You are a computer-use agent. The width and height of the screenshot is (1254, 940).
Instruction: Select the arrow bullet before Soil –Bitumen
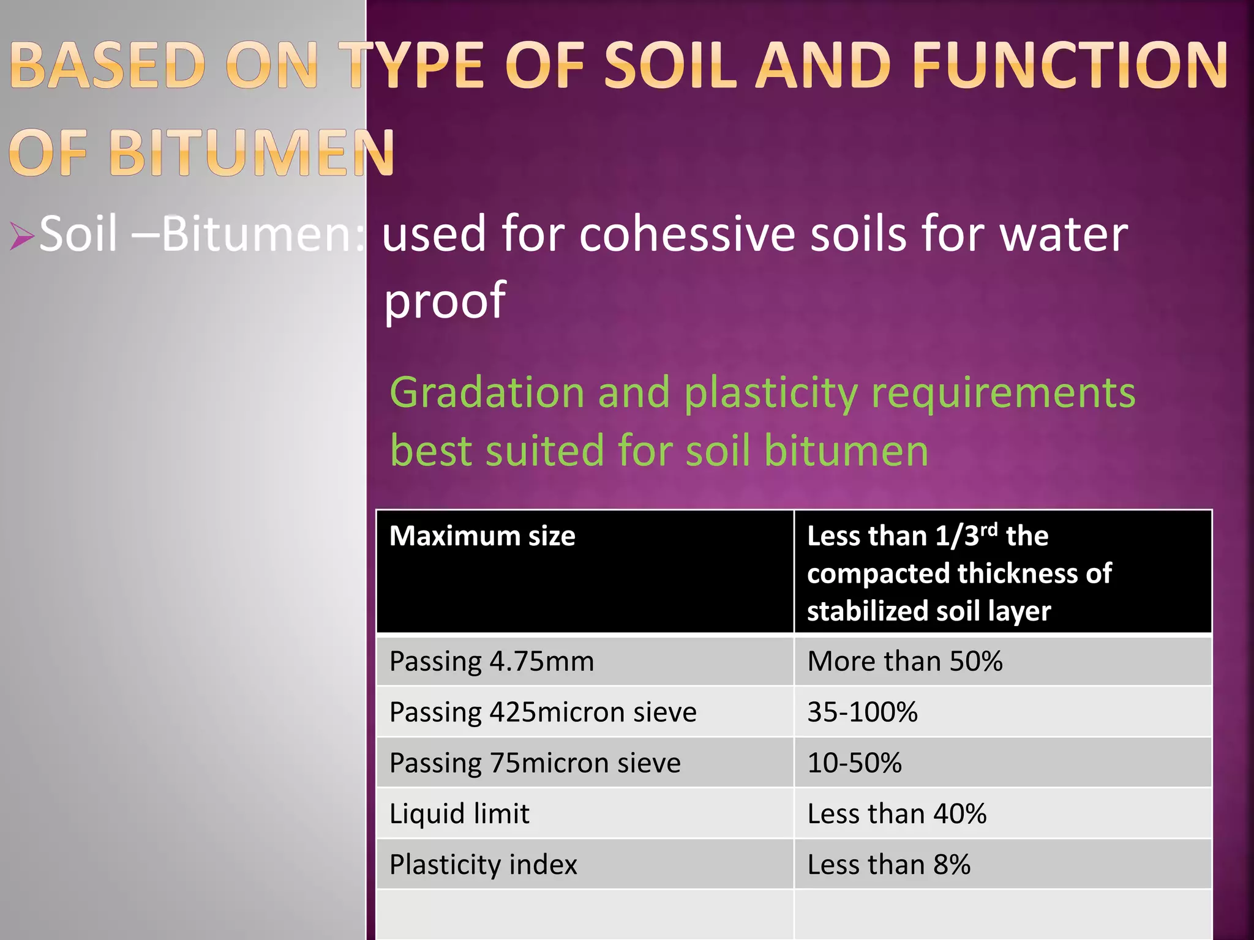(x=21, y=236)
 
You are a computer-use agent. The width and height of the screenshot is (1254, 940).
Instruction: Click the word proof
(x=445, y=300)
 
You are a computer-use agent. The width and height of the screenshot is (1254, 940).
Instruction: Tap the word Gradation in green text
(x=487, y=392)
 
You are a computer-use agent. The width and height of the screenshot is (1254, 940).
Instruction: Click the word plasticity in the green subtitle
(x=770, y=394)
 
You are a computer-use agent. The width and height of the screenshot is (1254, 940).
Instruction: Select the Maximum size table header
(x=482, y=536)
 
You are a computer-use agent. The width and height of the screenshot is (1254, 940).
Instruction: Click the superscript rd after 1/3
(x=988, y=529)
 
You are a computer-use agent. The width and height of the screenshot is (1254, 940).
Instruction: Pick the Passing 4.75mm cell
(x=492, y=662)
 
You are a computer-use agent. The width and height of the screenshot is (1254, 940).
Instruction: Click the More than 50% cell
(x=904, y=662)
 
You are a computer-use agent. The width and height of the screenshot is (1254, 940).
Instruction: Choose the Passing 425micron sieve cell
(x=543, y=712)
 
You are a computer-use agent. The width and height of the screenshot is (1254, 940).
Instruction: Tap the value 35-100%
(x=862, y=712)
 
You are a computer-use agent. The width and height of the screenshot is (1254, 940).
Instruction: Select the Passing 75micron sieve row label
(x=535, y=763)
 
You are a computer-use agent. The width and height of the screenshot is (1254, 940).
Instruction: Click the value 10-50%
(x=854, y=763)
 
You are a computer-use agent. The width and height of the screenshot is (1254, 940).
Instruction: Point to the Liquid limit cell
(x=459, y=814)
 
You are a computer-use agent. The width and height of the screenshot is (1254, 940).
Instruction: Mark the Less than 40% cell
(x=896, y=814)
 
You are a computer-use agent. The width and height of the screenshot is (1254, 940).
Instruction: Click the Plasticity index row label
(x=483, y=865)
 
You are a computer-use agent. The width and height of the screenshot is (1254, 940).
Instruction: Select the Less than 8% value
(x=888, y=865)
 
